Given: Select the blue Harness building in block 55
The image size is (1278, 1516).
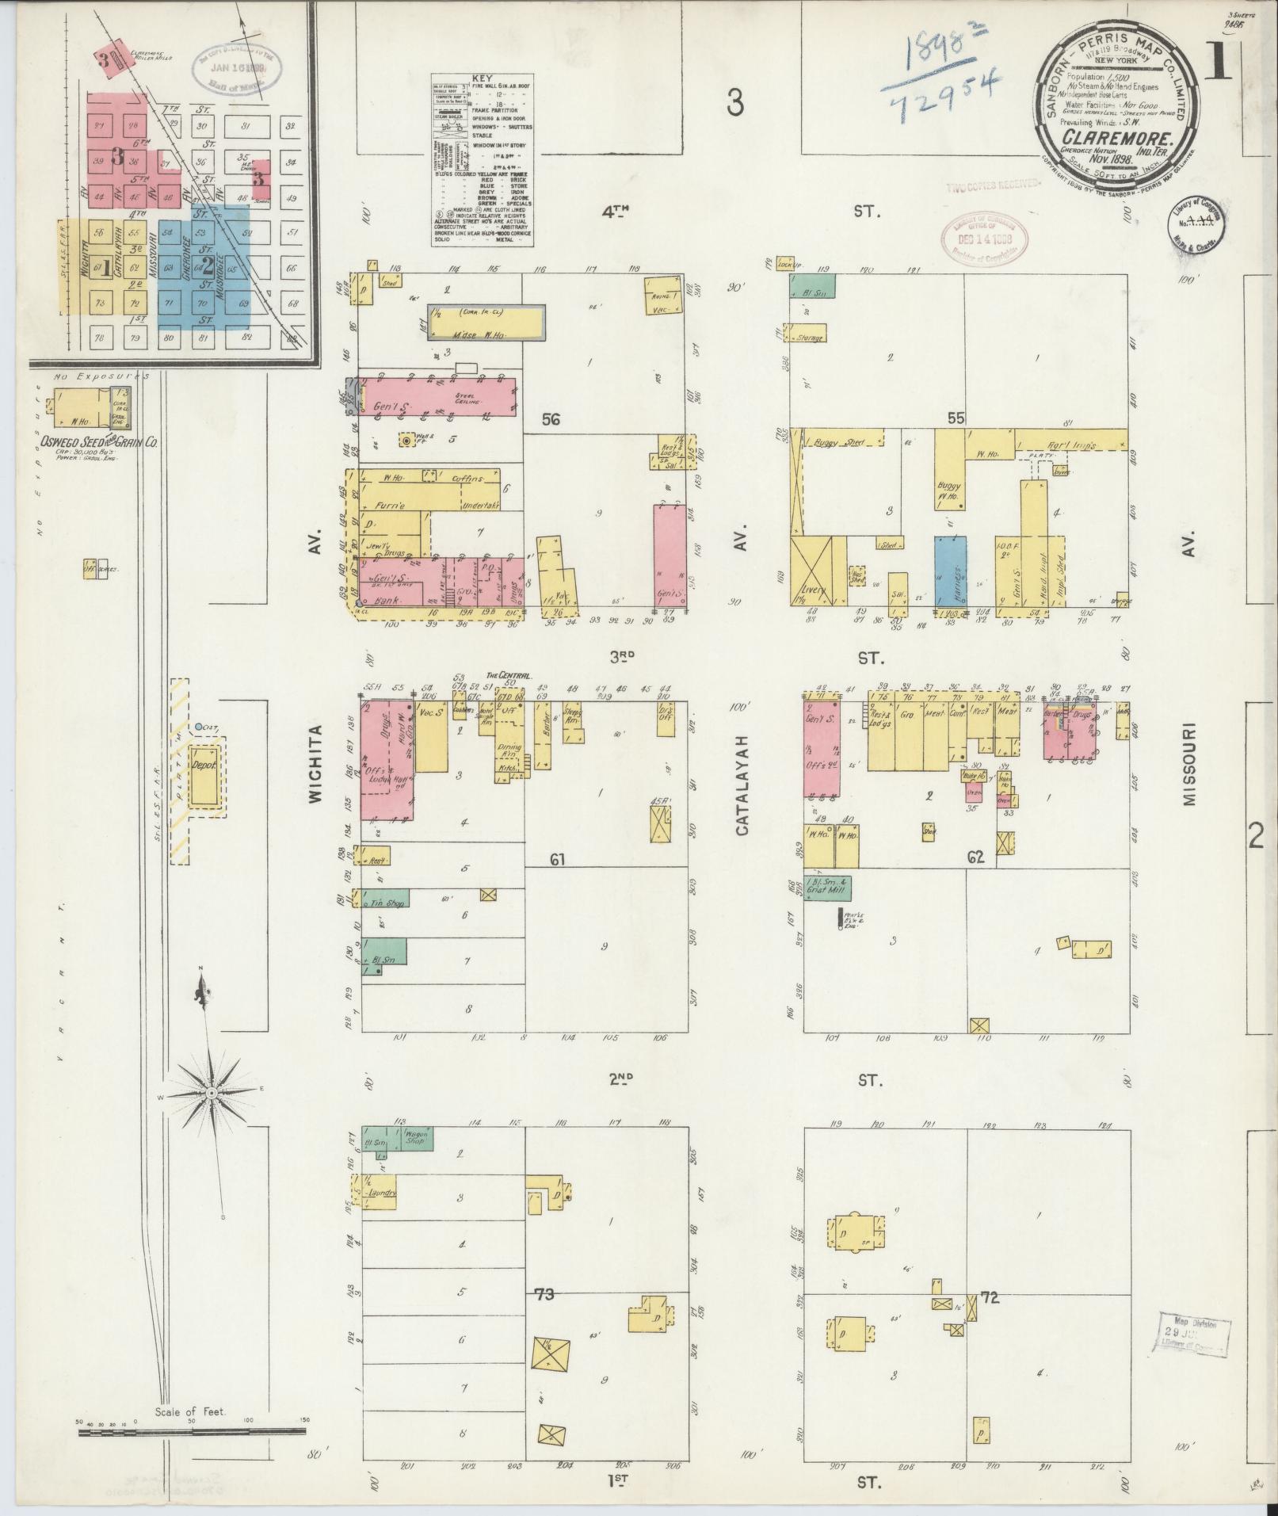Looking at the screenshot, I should tap(950, 571).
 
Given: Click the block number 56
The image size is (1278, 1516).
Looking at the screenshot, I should tap(551, 419).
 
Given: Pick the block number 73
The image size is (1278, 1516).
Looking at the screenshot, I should tap(544, 1295).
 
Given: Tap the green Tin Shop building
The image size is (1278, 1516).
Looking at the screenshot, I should tap(386, 901).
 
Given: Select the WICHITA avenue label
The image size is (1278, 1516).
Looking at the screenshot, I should tap(317, 765).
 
